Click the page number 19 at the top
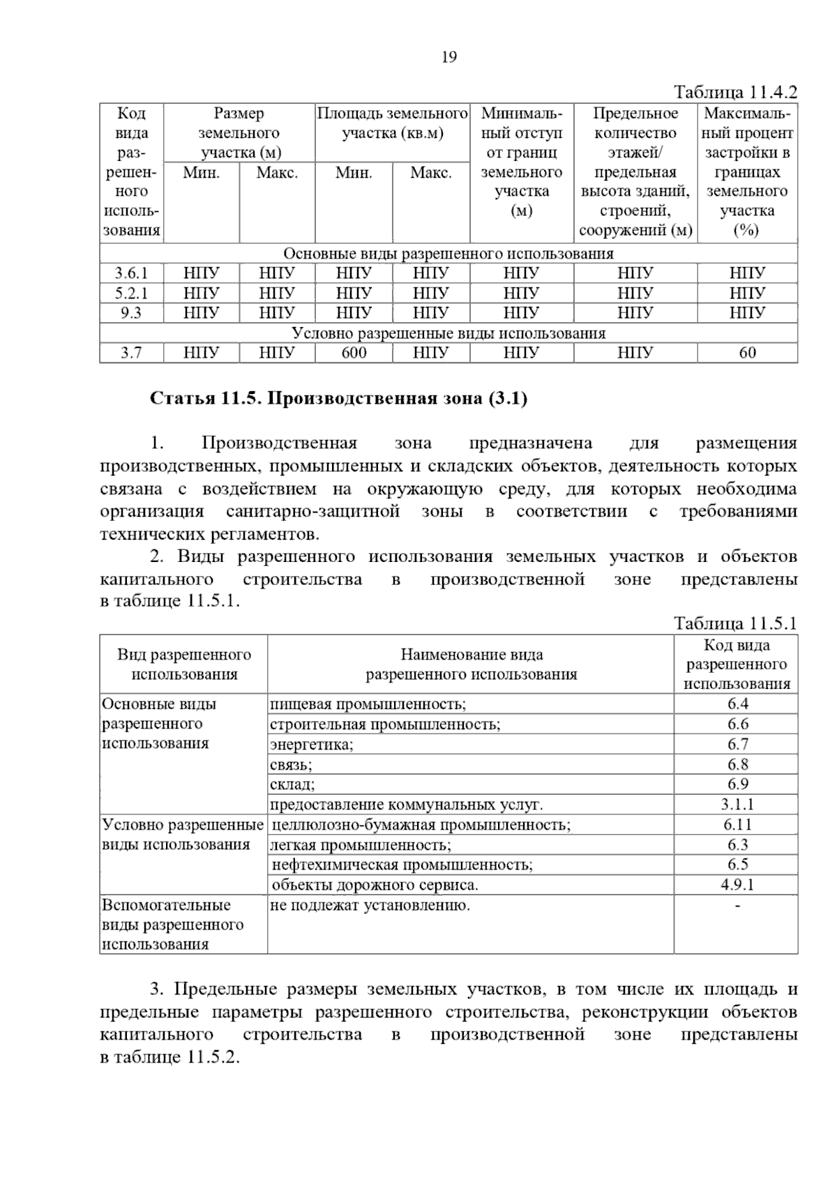pos(449,57)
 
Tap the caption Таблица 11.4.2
pos(735,93)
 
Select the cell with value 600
pos(354,353)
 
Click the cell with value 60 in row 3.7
pos(747,353)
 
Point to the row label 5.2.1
pos(131,293)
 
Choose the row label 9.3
pos(131,313)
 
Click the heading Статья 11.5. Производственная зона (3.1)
pos(338,399)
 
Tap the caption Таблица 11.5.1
pos(735,623)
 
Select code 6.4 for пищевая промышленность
pos(737,704)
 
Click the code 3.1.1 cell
pos(737,805)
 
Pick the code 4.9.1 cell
pos(737,886)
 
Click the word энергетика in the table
pos(311,745)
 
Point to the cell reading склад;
pos(292,784)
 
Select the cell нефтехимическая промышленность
pos(402,865)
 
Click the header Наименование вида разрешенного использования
pos(472,665)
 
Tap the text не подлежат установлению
pos(370,906)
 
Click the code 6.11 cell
pos(737,825)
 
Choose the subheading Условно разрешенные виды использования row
pos(448,333)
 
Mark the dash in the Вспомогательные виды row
pos(737,906)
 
